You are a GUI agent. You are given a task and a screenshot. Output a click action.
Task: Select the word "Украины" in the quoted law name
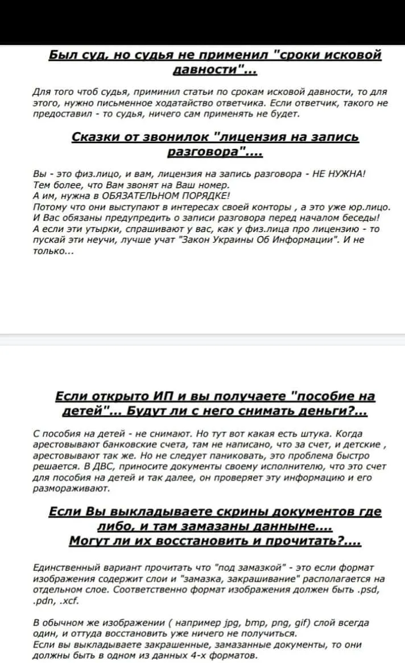[230, 239]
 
